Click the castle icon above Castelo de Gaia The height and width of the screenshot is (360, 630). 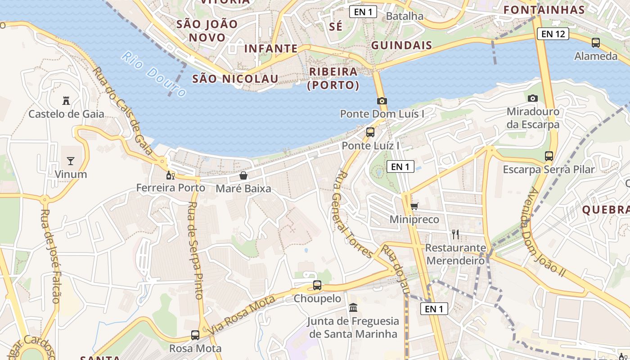(x=66, y=101)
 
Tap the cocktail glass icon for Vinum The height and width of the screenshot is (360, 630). (x=71, y=161)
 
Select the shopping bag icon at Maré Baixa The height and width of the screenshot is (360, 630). (x=243, y=175)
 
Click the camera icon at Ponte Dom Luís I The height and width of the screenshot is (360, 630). (x=382, y=101)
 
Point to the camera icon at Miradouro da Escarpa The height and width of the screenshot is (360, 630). (x=533, y=98)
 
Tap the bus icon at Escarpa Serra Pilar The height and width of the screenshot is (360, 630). (x=549, y=156)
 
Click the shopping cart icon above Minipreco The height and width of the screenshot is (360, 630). (x=414, y=206)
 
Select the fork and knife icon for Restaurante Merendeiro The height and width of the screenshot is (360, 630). (x=455, y=234)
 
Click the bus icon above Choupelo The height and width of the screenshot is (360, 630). (x=317, y=285)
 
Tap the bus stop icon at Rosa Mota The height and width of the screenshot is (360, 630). (x=195, y=335)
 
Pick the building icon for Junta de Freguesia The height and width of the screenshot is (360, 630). (x=353, y=308)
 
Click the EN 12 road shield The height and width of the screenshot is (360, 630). (x=553, y=34)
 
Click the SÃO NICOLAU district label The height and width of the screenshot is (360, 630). (x=235, y=79)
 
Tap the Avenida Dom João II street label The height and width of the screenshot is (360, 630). (x=541, y=232)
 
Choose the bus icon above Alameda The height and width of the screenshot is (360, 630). (x=596, y=43)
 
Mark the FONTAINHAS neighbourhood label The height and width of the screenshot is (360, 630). (x=544, y=10)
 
